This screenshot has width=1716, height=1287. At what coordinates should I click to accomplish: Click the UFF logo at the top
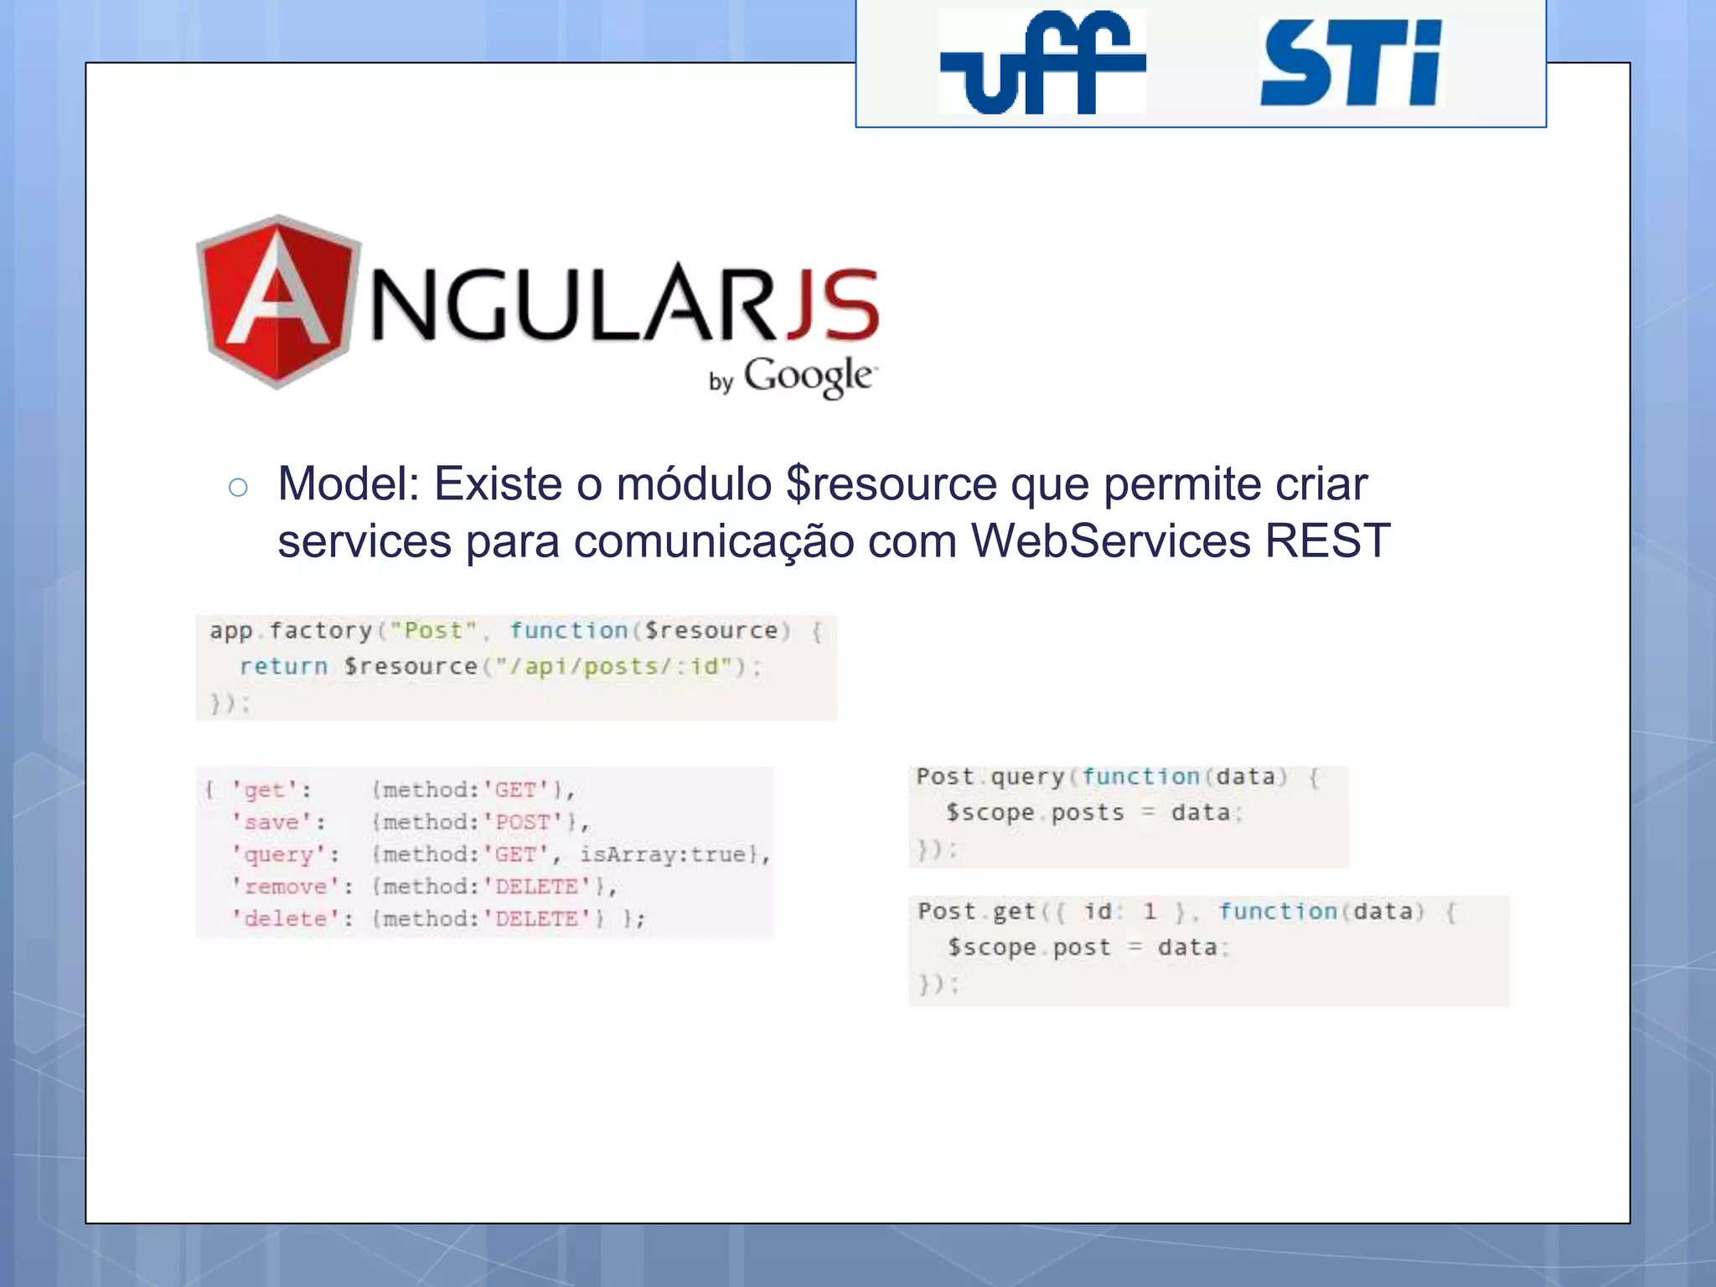pos(1041,62)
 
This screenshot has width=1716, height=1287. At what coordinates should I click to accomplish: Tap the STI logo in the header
pos(1351,64)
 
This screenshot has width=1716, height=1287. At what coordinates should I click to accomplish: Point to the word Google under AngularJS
pos(808,376)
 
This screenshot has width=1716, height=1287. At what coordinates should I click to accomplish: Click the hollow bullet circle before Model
pos(238,488)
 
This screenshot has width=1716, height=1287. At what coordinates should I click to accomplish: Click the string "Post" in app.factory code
pos(433,630)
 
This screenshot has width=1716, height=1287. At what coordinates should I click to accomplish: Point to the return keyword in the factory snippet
pos(283,666)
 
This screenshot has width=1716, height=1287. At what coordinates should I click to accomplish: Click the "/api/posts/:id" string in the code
pos(619,666)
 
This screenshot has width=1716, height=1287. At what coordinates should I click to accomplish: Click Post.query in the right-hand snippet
pos(989,777)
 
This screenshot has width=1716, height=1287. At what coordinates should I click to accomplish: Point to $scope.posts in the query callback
pos(1035,813)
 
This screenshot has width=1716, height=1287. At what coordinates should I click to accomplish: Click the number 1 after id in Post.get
pos(1150,911)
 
